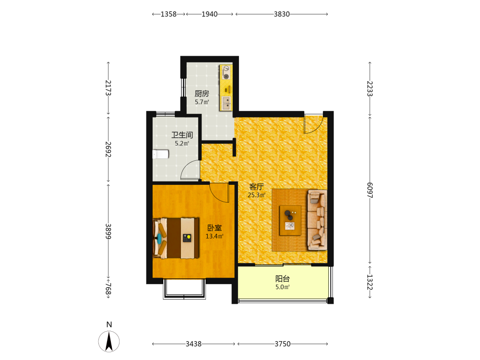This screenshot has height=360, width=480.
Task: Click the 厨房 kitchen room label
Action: [202, 94]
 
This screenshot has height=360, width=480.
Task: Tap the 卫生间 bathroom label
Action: [182, 135]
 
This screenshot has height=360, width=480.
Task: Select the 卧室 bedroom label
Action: [215, 228]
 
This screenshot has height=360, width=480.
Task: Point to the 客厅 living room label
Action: [256, 187]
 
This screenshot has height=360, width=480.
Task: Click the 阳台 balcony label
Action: [282, 278]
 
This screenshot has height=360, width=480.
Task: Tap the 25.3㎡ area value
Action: [256, 195]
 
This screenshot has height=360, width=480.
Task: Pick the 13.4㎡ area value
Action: [215, 236]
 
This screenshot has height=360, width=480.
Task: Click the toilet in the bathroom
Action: [161, 154]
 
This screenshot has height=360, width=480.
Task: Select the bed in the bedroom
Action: [176, 238]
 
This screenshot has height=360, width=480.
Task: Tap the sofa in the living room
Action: [317, 220]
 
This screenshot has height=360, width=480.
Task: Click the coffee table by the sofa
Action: [290, 220]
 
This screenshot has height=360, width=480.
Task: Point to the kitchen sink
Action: [227, 103]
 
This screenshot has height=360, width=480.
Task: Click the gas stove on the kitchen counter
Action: [226, 72]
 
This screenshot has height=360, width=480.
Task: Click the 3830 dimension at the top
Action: [282, 14]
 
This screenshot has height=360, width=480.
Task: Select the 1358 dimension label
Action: [168, 14]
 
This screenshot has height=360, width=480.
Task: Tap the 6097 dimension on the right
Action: [370, 190]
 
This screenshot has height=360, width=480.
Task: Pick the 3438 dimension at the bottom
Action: [193, 344]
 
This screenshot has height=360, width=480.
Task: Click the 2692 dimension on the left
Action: [108, 149]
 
